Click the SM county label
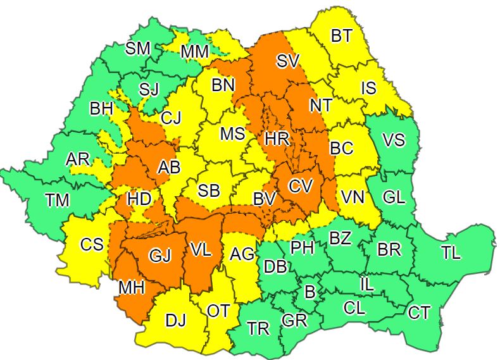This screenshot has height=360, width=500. tap(138, 48)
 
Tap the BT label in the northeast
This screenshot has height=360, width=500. tap(341, 36)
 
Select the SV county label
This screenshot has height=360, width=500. tap(291, 61)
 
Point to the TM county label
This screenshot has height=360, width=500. tap(58, 201)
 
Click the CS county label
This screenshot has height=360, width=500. tap(92, 244)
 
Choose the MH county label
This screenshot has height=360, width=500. tap(132, 287)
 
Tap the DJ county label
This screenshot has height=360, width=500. tap(176, 321)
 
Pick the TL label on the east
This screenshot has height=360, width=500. tap(451, 253)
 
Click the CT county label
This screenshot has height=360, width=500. tap(418, 312)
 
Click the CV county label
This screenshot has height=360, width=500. tap(301, 186)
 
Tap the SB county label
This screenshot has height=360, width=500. tap(209, 191)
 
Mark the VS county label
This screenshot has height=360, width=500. tap(394, 140)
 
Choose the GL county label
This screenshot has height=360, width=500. tap(394, 197)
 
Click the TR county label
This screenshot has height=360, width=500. tap(258, 328)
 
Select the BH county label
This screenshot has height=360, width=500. tap(101, 109)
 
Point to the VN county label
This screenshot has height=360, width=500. tap(353, 197)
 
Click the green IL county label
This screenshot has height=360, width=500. tap(366, 285)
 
